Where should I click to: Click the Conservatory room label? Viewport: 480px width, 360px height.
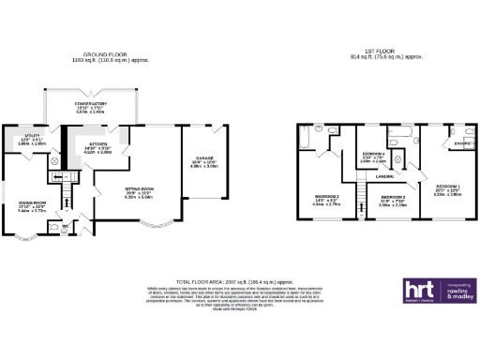click(x=91, y=104)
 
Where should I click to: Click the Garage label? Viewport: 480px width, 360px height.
click(x=205, y=158)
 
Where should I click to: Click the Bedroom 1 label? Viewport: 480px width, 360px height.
click(x=446, y=186)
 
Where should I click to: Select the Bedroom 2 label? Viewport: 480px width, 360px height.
click(x=326, y=195)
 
